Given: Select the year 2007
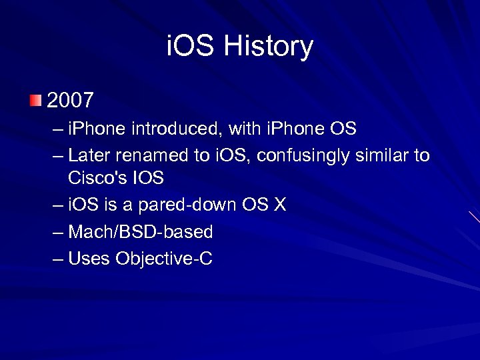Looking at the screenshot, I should click(70, 101).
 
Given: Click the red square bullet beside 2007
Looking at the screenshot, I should click(35, 101).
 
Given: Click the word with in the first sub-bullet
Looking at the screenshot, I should click(228, 128).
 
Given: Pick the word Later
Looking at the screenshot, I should click(89, 156).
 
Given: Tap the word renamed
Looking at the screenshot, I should click(152, 156).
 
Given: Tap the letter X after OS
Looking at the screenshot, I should click(279, 205).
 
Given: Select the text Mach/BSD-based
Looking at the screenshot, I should click(140, 232).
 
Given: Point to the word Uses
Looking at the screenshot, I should click(89, 259).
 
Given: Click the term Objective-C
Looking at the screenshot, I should click(164, 259).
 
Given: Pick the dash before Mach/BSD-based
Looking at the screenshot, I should click(57, 232).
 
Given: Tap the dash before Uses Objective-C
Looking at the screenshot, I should click(57, 259).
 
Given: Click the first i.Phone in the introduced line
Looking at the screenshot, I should click(97, 128).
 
